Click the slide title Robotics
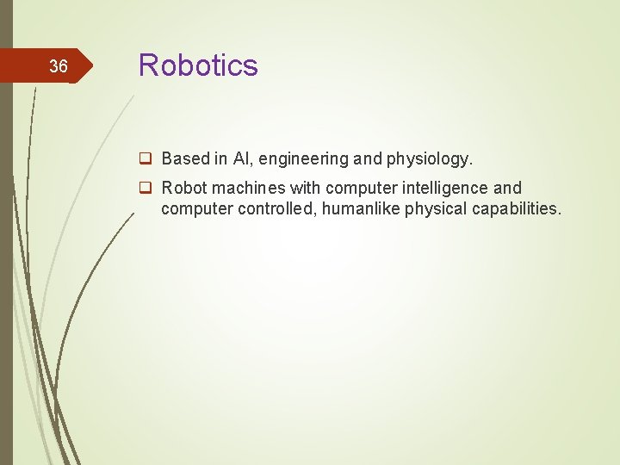click(198, 65)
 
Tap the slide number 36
click(58, 66)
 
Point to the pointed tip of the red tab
click(90, 66)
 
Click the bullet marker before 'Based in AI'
click(147, 158)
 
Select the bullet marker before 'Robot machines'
click(147, 188)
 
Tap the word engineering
click(302, 159)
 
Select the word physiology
click(427, 159)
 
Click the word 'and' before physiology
click(365, 158)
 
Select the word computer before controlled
click(195, 208)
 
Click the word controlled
click(275, 208)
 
